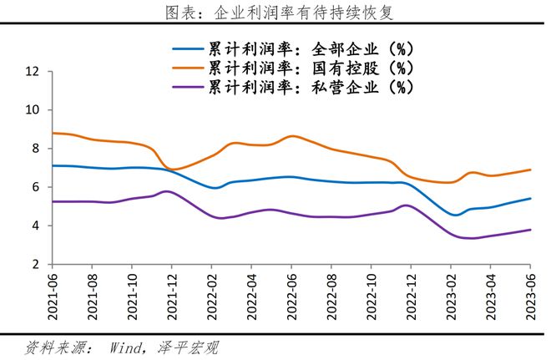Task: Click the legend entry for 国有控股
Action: (311, 67)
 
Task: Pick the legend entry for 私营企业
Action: (311, 85)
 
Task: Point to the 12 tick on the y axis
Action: (33, 72)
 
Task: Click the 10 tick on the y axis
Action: (33, 110)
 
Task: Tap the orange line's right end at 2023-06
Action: (531, 170)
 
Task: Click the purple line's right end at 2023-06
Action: (531, 230)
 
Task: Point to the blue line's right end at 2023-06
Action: (531, 198)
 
